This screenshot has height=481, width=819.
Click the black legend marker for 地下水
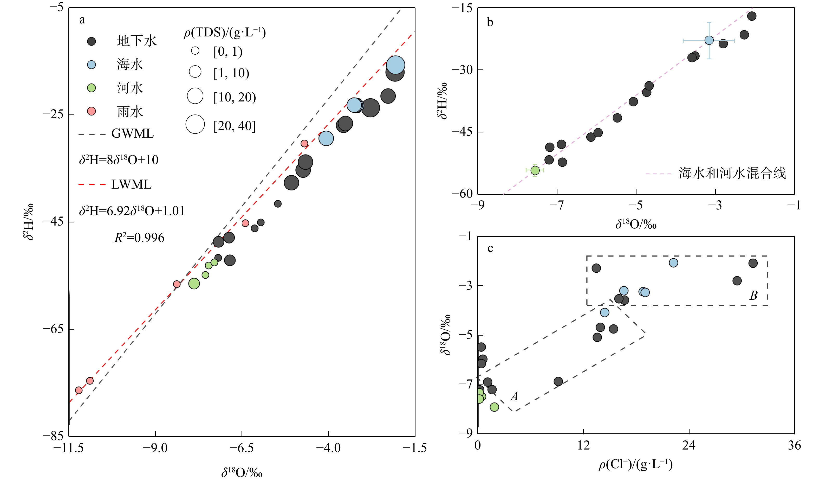coord(92,41)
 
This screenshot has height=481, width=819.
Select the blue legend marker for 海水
coord(92,65)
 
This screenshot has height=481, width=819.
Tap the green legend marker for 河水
coord(92,88)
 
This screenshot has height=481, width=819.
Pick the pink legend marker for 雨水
coord(92,111)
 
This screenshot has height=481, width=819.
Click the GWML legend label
coord(132,134)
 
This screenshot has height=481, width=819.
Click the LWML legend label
coord(131,185)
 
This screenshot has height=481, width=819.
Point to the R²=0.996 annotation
coord(139,238)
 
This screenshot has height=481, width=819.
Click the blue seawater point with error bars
coord(709,40)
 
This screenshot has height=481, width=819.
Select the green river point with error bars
coord(535,170)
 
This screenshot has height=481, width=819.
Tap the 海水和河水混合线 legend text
coord(732,173)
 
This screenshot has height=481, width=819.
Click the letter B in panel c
coord(753,295)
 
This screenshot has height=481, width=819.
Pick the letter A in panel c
coord(514,396)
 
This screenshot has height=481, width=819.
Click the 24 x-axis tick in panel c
coord(689,445)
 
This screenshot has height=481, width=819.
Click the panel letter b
coord(490,22)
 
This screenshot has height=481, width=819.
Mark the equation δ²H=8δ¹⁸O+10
coord(119,160)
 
